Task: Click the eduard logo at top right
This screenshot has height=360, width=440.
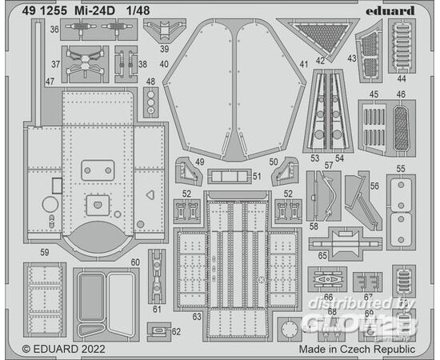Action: pyautogui.click(x=390, y=11)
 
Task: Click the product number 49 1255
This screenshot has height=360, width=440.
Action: pyautogui.click(x=45, y=11)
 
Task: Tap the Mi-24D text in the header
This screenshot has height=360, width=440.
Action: pyautogui.click(x=95, y=11)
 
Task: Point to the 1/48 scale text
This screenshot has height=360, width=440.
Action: pyautogui.click(x=138, y=11)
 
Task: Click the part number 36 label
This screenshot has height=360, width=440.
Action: pyautogui.click(x=54, y=29)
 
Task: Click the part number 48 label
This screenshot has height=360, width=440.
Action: pyautogui.click(x=150, y=82)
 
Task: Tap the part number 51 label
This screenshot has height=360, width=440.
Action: pyautogui.click(x=257, y=176)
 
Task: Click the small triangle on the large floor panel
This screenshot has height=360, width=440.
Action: pyautogui.click(x=150, y=195)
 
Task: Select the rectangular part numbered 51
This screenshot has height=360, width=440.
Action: pyautogui.click(x=230, y=176)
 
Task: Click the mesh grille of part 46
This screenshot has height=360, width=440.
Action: pyautogui.click(x=402, y=128)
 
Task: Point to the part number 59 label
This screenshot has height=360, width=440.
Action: pyautogui.click(x=45, y=252)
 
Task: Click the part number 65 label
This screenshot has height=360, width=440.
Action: pyautogui.click(x=322, y=256)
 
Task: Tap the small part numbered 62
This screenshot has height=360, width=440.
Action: pyautogui.click(x=159, y=332)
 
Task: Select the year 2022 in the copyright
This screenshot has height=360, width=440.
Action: pyautogui.click(x=94, y=349)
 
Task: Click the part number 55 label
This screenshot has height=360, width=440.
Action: pyautogui.click(x=401, y=169)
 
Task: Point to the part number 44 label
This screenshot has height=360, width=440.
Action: pyautogui.click(x=402, y=79)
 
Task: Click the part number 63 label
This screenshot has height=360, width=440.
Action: pyautogui.click(x=197, y=317)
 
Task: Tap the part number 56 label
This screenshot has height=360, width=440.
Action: pyautogui.click(x=374, y=186)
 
